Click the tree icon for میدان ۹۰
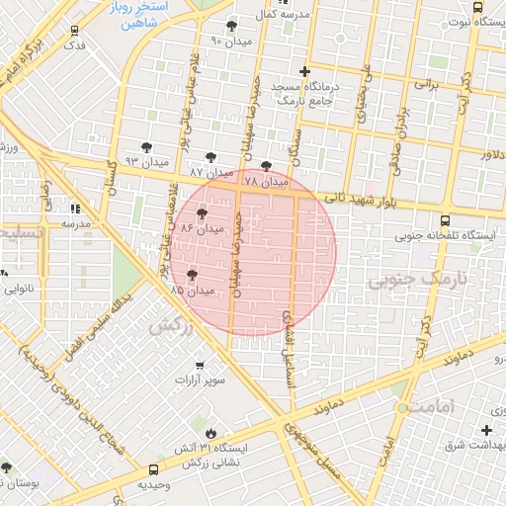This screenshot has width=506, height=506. [x=232, y=27]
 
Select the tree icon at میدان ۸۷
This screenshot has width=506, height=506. [x=211, y=157]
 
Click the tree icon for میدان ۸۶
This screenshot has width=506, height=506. [x=203, y=212]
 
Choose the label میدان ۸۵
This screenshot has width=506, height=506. [x=192, y=292]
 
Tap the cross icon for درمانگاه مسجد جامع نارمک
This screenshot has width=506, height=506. [x=304, y=72]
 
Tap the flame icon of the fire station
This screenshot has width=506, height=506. [x=211, y=433]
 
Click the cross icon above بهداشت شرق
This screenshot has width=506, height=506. [x=486, y=429]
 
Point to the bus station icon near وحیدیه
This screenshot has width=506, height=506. [x=153, y=470]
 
